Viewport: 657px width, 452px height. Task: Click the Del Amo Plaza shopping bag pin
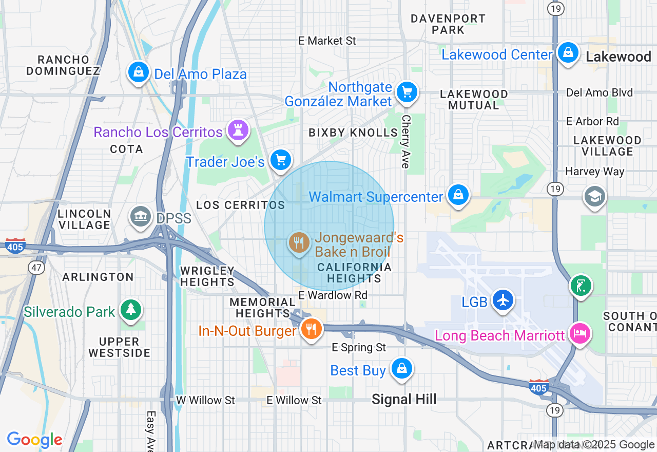click(x=138, y=72)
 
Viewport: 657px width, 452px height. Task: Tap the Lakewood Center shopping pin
click(x=568, y=52)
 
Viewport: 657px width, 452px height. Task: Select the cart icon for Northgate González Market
click(x=407, y=92)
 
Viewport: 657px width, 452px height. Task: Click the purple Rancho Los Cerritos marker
click(x=237, y=130)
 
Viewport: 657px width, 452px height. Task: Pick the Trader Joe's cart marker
click(x=280, y=160)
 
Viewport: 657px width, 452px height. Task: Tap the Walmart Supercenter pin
click(x=458, y=195)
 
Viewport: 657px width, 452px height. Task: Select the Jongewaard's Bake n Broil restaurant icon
click(x=298, y=242)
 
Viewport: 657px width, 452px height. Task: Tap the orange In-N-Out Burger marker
click(x=311, y=328)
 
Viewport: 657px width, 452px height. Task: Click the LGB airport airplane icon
click(x=503, y=300)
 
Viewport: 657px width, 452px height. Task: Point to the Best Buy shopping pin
click(x=401, y=369)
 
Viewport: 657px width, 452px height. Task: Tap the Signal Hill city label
click(x=404, y=399)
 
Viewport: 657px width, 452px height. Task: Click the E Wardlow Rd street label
click(x=333, y=295)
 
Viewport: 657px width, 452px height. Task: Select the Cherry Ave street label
click(x=405, y=141)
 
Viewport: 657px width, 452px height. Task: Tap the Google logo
click(x=34, y=440)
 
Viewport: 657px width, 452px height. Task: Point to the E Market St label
click(x=327, y=41)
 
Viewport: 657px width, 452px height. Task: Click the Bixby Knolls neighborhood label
click(x=353, y=133)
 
